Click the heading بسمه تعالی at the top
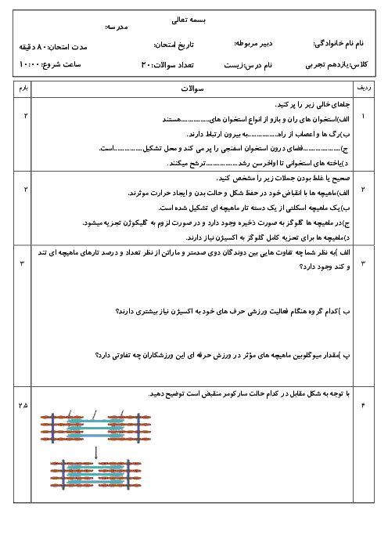point(189,20)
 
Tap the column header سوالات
point(192,89)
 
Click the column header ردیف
point(364,88)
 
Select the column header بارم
point(23,88)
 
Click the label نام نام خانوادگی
point(338,44)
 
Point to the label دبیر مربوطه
point(253,44)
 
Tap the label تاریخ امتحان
point(174,45)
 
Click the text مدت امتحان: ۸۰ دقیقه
point(53,47)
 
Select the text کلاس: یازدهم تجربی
point(336,64)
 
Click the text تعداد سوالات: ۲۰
point(167,65)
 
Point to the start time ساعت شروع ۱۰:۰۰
point(50,64)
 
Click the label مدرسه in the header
point(117,27)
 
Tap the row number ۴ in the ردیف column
point(363,406)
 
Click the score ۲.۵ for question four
point(23,406)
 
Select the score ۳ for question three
point(23,263)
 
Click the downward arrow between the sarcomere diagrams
point(96,453)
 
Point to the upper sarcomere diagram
point(95,427)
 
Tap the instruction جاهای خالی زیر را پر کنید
point(312,104)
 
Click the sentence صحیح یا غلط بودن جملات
point(283,178)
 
